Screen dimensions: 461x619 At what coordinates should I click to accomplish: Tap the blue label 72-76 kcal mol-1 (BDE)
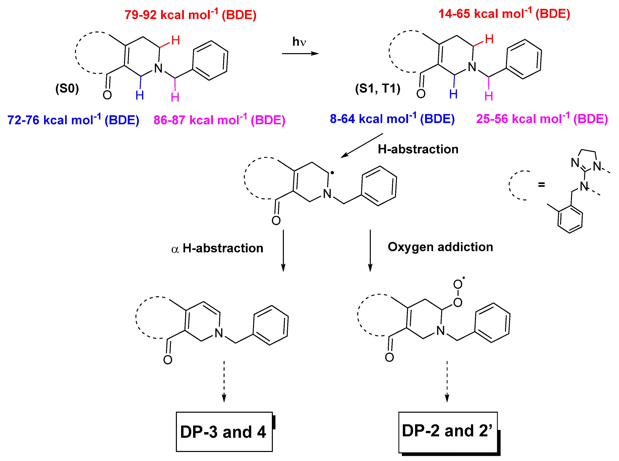click(73, 120)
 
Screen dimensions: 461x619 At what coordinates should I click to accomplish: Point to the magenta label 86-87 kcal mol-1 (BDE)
click(219, 120)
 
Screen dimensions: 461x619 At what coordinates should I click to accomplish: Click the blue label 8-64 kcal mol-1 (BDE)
click(392, 119)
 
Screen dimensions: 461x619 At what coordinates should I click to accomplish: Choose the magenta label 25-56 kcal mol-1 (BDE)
click(542, 119)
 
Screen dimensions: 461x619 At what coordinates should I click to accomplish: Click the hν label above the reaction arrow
click(299, 42)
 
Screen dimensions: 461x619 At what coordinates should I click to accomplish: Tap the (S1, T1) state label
click(378, 88)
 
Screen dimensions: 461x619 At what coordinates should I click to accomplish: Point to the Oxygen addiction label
click(440, 247)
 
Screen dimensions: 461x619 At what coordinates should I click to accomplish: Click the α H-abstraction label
click(217, 248)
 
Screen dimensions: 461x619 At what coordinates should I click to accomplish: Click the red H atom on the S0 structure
click(175, 40)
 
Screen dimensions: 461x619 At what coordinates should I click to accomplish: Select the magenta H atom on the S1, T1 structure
click(489, 96)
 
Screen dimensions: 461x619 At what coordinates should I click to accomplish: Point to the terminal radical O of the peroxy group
click(458, 285)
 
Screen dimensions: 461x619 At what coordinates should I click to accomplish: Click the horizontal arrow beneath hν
click(300, 53)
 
